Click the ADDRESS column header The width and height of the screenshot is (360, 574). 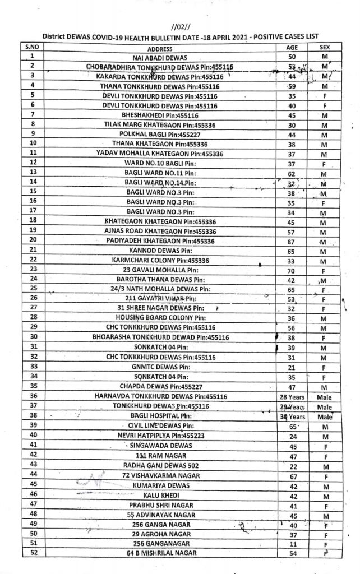159,49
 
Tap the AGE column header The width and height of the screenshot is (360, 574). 292,48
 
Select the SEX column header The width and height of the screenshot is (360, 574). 324,48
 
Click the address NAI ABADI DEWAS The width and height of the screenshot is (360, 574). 160,57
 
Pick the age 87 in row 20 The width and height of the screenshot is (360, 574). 292,240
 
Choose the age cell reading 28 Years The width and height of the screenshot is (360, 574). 292,396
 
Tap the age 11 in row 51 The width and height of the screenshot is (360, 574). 292,544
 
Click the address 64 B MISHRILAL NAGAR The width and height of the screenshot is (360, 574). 160,554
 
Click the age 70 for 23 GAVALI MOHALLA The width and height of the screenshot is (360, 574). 292,270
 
